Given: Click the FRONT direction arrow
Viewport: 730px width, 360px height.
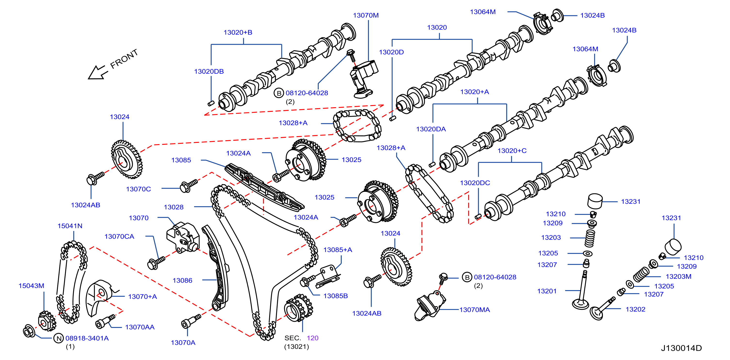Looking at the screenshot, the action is tap(98, 73).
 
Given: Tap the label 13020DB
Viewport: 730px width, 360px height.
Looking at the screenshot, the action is tap(209, 71).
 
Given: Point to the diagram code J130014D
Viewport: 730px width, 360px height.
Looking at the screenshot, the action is tap(681, 348).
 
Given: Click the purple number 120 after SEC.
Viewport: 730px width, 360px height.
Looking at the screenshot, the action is tap(313, 338).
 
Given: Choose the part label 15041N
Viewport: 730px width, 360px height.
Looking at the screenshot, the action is tap(70, 226).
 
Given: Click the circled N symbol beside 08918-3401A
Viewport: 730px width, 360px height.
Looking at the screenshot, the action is tap(59, 338).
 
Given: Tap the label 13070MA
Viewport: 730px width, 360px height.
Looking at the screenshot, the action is tap(475, 310).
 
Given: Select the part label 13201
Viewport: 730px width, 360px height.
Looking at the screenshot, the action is tap(547, 291).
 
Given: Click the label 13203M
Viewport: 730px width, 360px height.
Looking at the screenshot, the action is tap(678, 276).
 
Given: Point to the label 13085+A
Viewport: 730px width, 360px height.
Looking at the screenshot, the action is tap(338, 250).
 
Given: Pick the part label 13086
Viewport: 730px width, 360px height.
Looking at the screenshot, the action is tap(182, 280).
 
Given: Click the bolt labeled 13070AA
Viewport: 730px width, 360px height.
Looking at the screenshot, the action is tap(105, 321).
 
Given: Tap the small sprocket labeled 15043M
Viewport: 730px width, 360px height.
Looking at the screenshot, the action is tap(47, 321).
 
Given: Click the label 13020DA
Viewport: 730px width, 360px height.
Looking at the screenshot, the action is tap(431, 129).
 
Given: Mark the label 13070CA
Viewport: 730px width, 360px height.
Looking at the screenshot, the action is tap(119, 237).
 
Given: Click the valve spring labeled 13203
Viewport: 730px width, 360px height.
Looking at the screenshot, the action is tap(590, 238).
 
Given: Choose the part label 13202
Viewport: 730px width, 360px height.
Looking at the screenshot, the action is tap(635, 309).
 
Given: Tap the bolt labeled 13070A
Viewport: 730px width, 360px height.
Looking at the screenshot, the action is tap(191, 321).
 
